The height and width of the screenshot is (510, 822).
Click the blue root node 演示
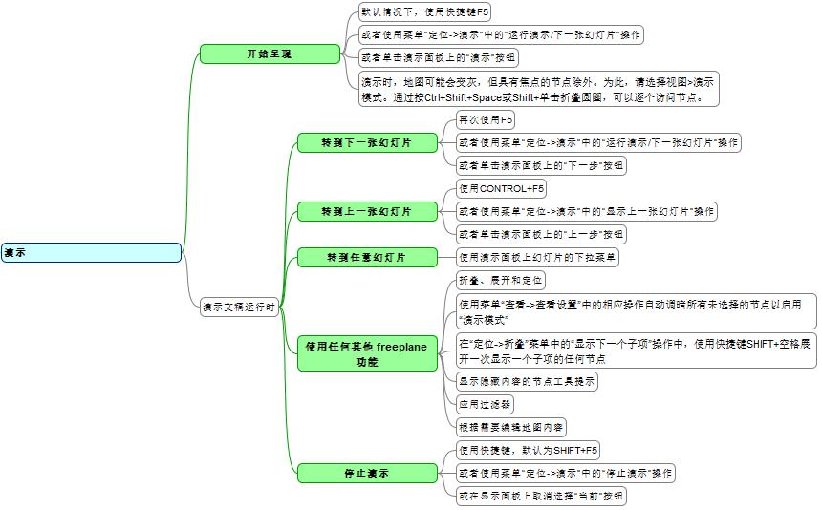click(x=90, y=252)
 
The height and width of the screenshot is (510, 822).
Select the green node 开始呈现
click(x=269, y=53)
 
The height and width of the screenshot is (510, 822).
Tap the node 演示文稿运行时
click(x=238, y=308)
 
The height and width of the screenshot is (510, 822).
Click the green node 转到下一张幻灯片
click(x=367, y=142)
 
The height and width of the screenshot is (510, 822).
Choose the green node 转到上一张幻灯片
click(x=367, y=210)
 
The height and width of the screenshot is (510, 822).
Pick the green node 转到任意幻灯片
click(x=367, y=257)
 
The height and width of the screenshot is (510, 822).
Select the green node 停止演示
click(x=367, y=473)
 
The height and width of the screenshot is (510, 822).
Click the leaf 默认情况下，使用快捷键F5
click(x=425, y=11)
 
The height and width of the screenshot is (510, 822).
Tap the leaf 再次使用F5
click(x=486, y=119)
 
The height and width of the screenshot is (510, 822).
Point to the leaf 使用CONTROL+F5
click(x=501, y=188)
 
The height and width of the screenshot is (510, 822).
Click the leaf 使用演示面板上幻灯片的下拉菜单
click(x=538, y=257)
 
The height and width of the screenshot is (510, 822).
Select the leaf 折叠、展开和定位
click(x=501, y=280)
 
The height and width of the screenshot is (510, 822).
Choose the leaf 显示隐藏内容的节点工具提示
click(x=527, y=381)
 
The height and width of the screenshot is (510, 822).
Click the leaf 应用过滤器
click(x=486, y=403)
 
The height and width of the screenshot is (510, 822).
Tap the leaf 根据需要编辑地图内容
click(x=511, y=426)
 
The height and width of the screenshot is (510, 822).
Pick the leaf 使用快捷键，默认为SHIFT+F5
click(x=528, y=450)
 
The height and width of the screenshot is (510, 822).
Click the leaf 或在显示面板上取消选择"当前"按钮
click(x=541, y=496)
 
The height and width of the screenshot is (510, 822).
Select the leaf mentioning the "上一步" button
click(x=541, y=234)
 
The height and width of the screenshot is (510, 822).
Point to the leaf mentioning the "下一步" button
click(x=541, y=165)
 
